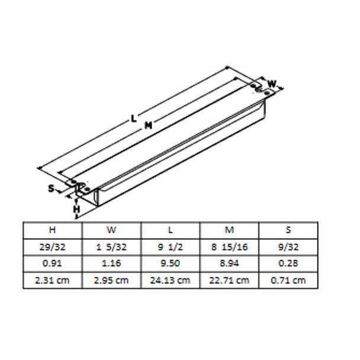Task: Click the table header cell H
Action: pos(53,230)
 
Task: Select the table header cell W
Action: pos(111,230)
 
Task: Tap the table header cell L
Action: pos(171,230)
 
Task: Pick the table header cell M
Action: pos(230,230)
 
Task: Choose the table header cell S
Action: pos(288,230)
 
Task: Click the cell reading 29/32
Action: pos(53,246)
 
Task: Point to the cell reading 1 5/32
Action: pos(111,246)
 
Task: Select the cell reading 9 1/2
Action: pos(171,246)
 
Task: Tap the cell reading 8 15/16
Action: pos(230,246)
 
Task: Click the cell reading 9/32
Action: pos(288,246)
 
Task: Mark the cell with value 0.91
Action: pos(53,263)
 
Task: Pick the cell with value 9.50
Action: pos(171,263)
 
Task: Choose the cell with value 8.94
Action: pos(230,263)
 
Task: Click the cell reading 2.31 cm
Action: pos(53,279)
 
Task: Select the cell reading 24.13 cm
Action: pos(171,279)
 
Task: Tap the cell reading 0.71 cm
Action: pos(288,279)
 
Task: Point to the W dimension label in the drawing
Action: pos(272,83)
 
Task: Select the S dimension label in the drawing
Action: pos(52,189)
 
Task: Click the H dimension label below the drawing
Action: pos(76,208)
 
